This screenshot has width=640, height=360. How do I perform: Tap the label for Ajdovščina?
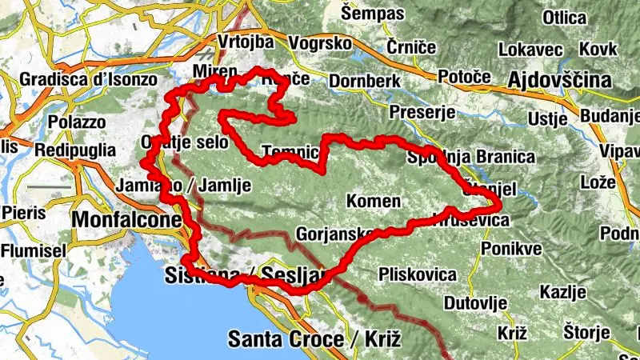559,80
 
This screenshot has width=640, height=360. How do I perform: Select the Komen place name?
373,200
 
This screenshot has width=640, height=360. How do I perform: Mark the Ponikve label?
512,248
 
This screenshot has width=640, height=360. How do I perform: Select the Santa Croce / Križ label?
314,339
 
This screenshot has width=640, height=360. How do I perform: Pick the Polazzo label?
77,122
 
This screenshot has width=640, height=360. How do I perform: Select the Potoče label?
464,76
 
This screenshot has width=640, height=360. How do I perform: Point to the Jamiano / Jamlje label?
183,186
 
